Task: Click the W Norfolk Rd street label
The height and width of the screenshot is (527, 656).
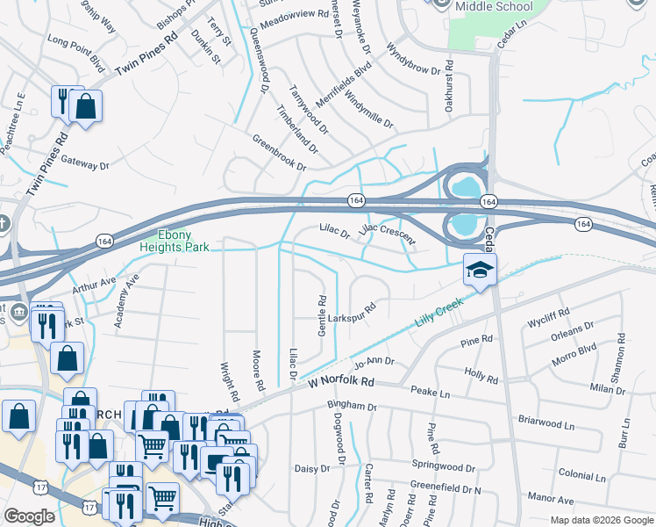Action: (341, 382)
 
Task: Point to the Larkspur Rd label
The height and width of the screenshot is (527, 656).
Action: (352, 312)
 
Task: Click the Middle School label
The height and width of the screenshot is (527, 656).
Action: (494, 6)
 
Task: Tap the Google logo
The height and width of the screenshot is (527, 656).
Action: (29, 516)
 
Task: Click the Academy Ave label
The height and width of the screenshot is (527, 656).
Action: (125, 300)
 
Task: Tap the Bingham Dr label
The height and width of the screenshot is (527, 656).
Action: (351, 407)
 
